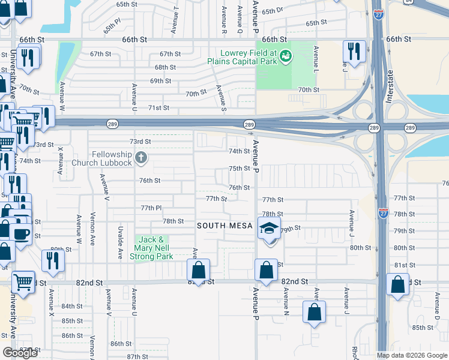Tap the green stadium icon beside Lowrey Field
coord(286,56)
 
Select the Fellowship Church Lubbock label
coord(103,159)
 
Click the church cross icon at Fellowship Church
coord(141,158)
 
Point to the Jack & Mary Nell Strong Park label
coord(153,248)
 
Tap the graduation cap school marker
coord(268,228)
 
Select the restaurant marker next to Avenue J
coord(354,52)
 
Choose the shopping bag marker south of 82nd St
coord(315,313)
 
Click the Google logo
coord(20,352)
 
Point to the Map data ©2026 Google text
coord(411,355)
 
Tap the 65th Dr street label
coord(272,11)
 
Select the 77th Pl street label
coord(151,208)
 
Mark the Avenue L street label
coord(315,59)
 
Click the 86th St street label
coord(121,344)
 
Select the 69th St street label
coord(160,81)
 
